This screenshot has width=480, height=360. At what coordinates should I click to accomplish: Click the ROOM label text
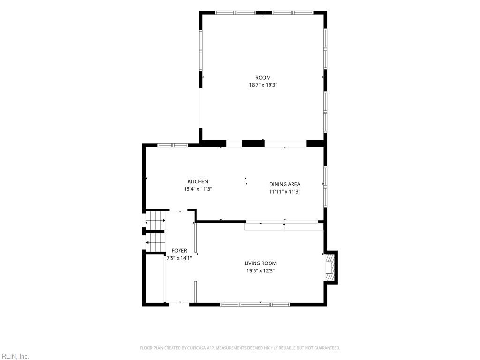263,78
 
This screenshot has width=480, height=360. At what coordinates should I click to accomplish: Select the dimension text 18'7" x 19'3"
263,85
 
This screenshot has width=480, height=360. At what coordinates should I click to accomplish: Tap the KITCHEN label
198,181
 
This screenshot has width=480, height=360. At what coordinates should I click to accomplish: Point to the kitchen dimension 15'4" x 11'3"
198,189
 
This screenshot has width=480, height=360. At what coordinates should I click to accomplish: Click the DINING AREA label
285,184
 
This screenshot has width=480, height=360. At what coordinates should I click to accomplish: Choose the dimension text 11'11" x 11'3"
285,192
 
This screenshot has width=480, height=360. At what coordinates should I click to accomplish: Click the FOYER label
179,251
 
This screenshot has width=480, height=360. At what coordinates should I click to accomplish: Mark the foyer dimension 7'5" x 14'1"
179,258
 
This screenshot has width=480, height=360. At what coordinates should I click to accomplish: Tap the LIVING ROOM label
261,263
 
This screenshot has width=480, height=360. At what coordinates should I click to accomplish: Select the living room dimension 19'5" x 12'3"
261,270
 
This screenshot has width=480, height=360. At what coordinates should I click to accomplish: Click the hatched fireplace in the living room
330,268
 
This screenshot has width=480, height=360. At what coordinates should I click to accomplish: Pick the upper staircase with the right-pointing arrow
155,220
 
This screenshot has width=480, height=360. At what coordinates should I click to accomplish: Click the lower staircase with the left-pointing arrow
155,242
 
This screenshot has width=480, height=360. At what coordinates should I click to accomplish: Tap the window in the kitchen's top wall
173,145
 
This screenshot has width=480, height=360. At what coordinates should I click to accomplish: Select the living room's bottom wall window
255,304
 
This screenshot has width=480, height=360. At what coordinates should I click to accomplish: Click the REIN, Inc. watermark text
15,356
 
